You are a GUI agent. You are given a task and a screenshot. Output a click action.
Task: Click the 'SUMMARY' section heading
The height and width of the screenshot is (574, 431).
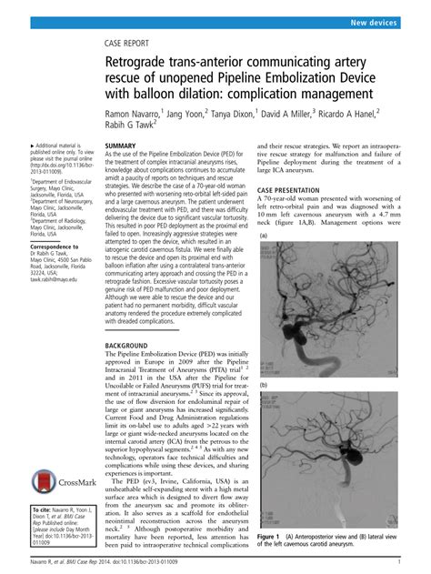click(122, 146)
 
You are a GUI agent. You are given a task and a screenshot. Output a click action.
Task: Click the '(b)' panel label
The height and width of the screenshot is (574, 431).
click(264, 386)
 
